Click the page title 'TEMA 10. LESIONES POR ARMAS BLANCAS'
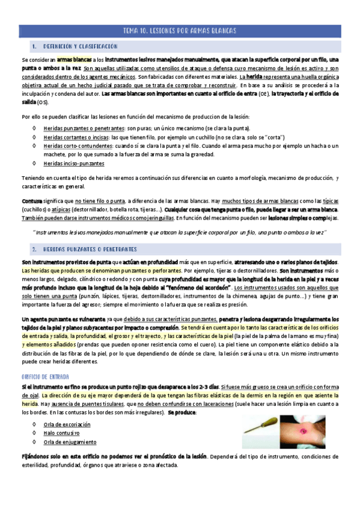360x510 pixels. click(180, 30)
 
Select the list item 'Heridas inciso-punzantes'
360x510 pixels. click(74, 163)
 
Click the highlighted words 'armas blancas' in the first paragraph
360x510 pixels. click(74, 60)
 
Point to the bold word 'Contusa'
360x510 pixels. click(32, 200)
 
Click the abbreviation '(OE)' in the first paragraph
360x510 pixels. click(263, 94)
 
